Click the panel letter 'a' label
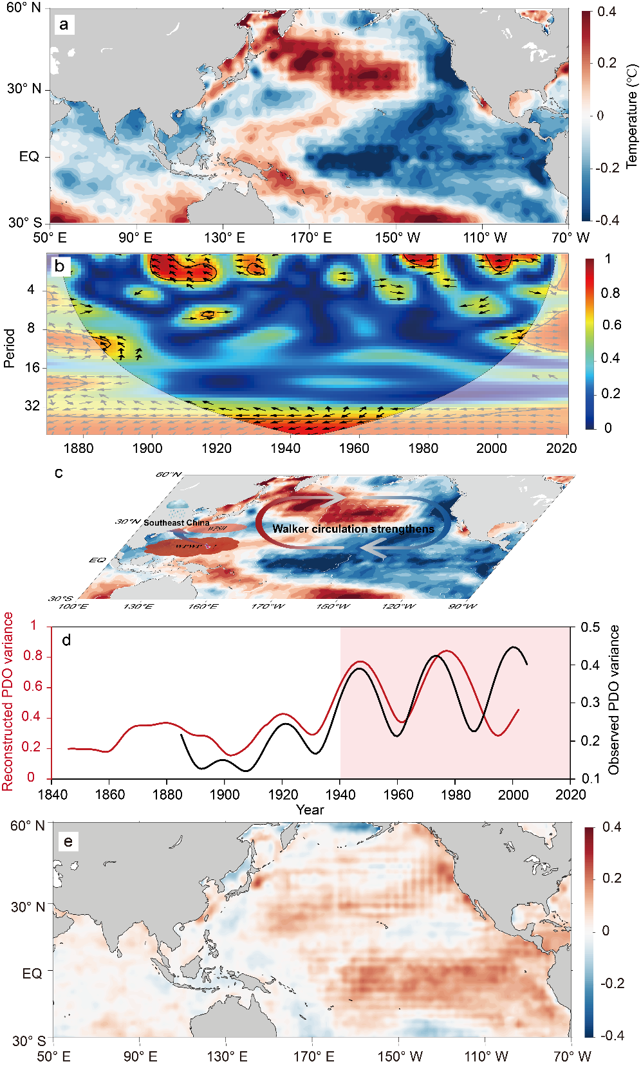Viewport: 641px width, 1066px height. point(64,25)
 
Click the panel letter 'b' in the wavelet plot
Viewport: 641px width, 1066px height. point(60,266)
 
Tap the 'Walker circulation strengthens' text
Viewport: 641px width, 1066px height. point(353,529)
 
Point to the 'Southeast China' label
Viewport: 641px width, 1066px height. point(176,522)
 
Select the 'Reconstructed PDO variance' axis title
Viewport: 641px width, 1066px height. point(8,701)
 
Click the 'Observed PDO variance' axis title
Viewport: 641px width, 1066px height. point(614,700)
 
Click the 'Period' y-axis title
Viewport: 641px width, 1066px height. point(9,348)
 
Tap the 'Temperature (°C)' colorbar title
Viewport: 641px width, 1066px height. point(632,116)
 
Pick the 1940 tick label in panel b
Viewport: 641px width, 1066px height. point(285,448)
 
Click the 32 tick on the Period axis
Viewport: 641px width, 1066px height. point(32,406)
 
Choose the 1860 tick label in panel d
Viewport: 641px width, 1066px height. point(110,795)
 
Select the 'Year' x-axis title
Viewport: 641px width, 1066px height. point(310,810)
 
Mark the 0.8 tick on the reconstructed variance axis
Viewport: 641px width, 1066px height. point(33,656)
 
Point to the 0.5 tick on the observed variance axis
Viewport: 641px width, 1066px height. point(590,627)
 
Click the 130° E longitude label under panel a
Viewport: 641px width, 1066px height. point(225,238)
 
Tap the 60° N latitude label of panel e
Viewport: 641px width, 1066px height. point(28,825)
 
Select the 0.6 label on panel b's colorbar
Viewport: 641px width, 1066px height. point(611,324)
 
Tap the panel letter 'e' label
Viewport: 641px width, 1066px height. point(68,841)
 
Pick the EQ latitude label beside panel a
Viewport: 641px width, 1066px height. point(29,156)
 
